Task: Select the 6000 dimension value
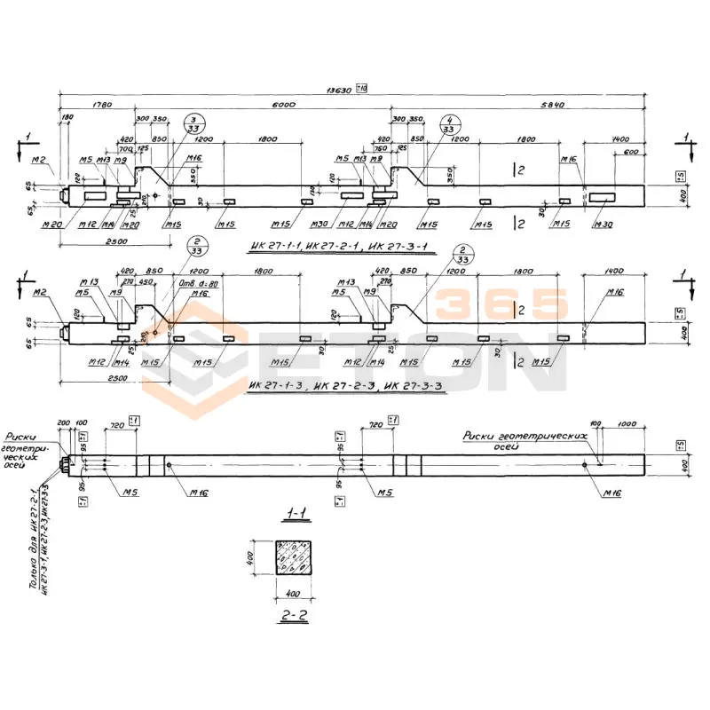click(x=283, y=105)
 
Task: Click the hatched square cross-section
click(x=294, y=557)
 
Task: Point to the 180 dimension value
click(x=67, y=117)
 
